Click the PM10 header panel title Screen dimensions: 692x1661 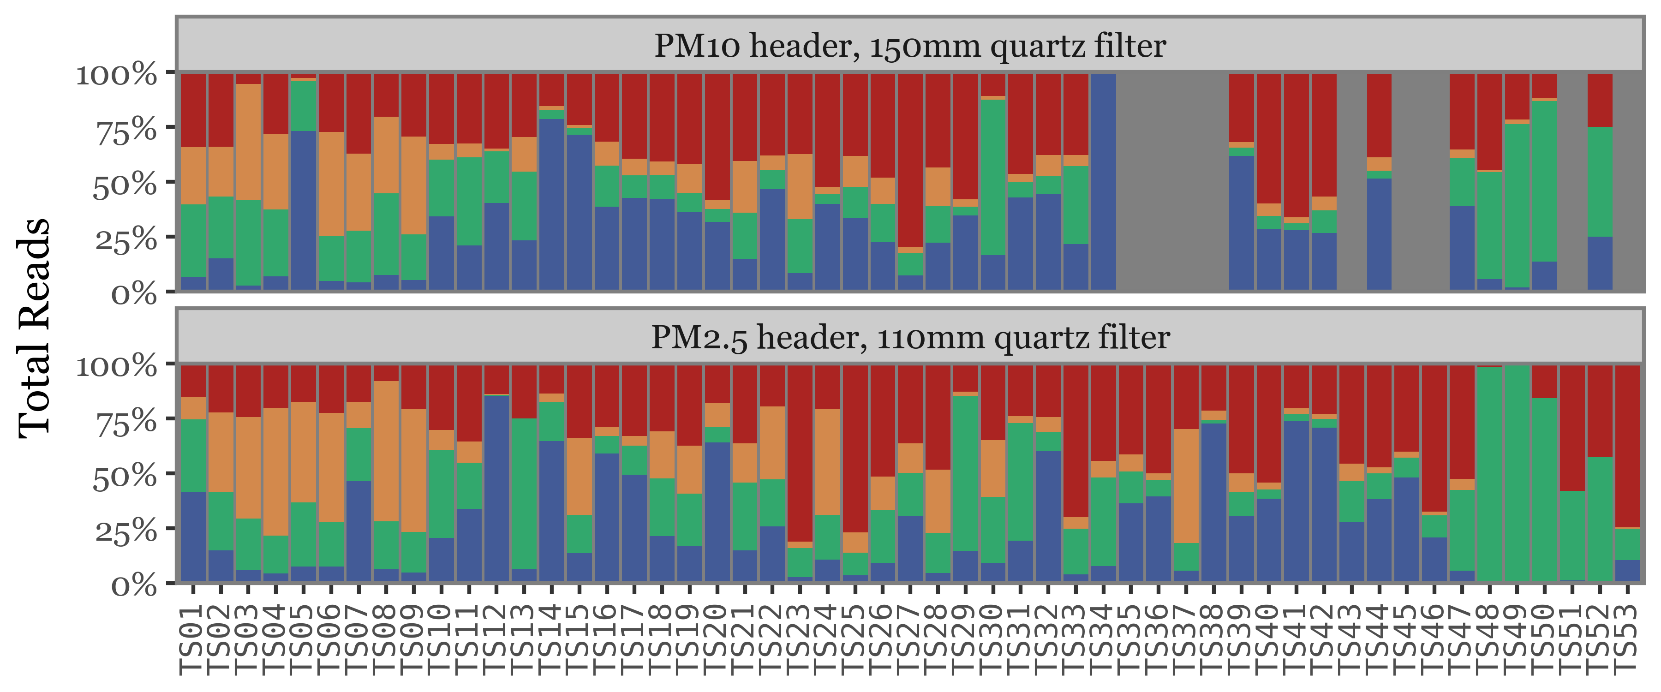910,46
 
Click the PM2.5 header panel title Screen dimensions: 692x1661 910,337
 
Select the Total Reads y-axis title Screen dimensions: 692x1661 34,328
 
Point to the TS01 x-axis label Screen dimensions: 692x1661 193,639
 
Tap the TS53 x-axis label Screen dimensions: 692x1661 1627,639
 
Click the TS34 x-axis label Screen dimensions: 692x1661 1103,639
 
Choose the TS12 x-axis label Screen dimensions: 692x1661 496,639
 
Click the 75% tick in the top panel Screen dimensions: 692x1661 126,129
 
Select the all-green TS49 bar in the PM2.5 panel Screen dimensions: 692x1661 1517,474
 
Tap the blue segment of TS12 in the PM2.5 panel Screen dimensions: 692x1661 496,488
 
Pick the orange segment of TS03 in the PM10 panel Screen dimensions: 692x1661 248,142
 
